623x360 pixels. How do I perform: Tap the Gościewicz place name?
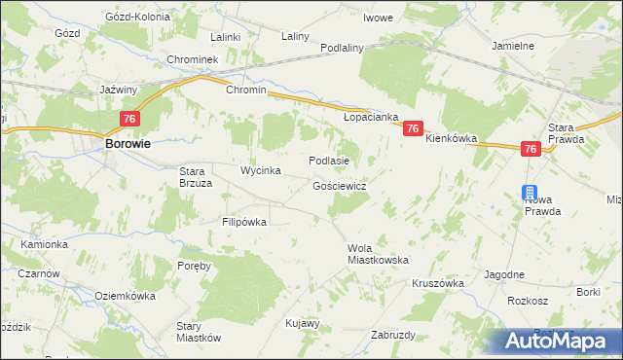tap(339, 185)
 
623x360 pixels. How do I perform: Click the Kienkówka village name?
tap(451, 139)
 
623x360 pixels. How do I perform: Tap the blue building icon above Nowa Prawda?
tap(529, 193)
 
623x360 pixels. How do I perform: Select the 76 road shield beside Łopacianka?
tap(414, 128)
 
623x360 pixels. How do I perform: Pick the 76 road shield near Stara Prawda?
tap(531, 149)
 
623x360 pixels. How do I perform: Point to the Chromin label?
tap(245, 90)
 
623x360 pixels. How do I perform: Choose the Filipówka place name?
tap(244, 222)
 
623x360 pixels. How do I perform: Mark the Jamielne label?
tap(512, 46)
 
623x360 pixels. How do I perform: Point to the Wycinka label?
tap(261, 171)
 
